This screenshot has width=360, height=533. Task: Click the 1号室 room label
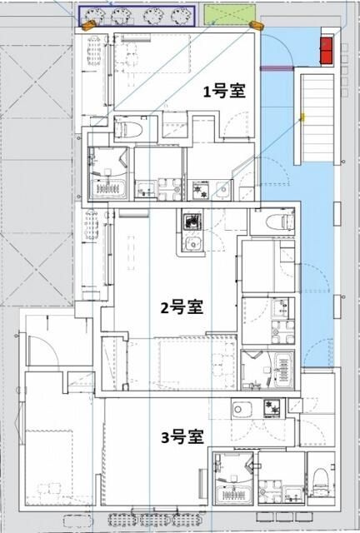point(225,92)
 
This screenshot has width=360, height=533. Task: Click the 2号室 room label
point(182,307)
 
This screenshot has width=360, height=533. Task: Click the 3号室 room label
point(182,436)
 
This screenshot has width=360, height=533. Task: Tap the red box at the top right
point(327,49)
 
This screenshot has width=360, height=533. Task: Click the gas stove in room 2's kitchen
point(194,223)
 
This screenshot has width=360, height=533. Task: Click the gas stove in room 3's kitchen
point(272,407)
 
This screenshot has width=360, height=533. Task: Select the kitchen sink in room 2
point(191,245)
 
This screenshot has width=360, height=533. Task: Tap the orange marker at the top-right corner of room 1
point(256,25)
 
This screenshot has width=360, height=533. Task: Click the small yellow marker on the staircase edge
point(303,117)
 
